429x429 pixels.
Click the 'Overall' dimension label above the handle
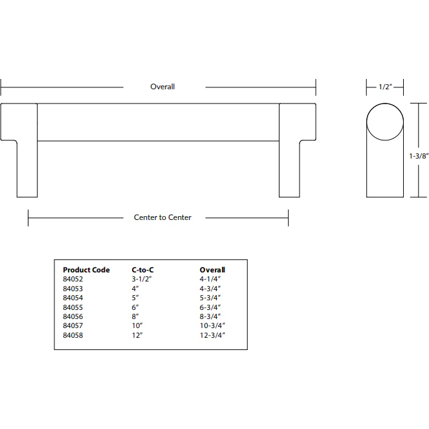(x=162, y=87)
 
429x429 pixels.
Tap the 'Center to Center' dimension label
(x=162, y=217)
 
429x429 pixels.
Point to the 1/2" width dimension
(x=384, y=87)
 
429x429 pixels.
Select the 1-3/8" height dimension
(x=419, y=156)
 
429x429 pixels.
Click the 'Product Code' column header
(x=86, y=270)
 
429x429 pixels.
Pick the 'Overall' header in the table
(x=212, y=270)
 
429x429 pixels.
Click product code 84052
(x=72, y=279)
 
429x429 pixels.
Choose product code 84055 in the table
(x=72, y=307)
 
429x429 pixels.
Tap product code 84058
(x=72, y=336)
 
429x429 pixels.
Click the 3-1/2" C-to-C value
(x=142, y=279)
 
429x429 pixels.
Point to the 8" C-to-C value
(x=136, y=317)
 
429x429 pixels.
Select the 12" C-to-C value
(x=137, y=336)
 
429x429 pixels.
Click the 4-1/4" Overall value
(x=212, y=279)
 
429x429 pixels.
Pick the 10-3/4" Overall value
(x=214, y=326)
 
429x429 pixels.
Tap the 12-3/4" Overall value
(x=214, y=336)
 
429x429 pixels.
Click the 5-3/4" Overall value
(x=212, y=298)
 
